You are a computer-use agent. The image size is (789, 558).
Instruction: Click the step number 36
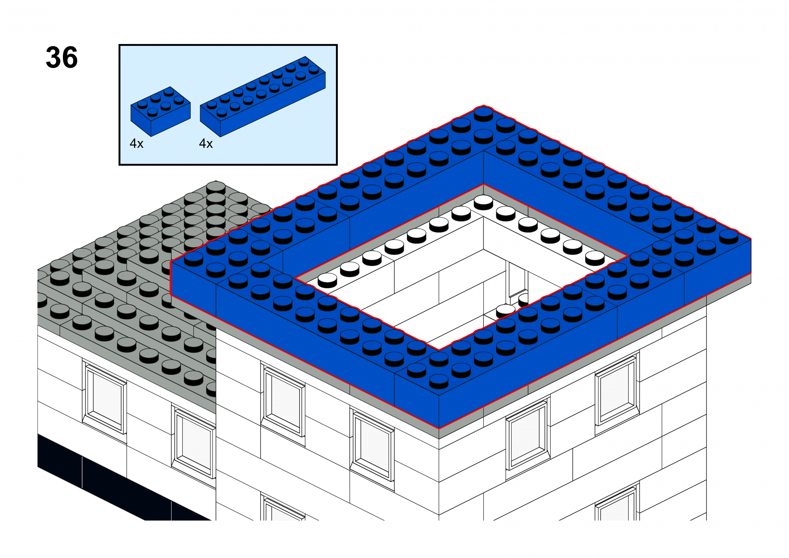[62, 57]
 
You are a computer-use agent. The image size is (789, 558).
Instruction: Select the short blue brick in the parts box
[161, 111]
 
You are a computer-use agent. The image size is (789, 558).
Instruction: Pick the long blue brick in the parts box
[263, 97]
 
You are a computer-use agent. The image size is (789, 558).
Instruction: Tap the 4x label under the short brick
[137, 144]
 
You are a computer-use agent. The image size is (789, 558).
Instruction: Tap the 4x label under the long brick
[206, 144]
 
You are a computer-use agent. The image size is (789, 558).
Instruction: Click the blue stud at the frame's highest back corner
[483, 114]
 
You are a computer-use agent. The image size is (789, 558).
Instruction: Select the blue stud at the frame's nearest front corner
[439, 381]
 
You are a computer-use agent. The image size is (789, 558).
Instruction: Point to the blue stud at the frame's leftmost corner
[194, 259]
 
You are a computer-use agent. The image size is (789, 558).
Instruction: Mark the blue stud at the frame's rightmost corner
[729, 237]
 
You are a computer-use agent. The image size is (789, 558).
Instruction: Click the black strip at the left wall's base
[124, 478]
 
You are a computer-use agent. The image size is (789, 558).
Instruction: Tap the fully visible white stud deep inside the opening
[505, 311]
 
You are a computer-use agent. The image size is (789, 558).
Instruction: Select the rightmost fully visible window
[617, 392]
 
